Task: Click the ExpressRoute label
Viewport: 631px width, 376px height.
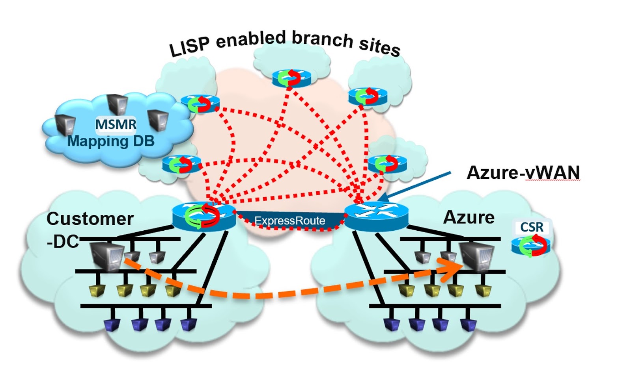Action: pos(289,220)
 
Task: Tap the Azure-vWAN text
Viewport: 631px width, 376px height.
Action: pos(523,172)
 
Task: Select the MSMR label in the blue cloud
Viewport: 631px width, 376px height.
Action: pos(116,124)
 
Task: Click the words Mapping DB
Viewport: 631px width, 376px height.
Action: pos(111,141)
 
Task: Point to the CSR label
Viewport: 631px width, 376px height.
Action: pos(532,227)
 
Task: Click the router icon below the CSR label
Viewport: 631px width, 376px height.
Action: pos(530,245)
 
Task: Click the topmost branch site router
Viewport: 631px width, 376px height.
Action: pos(291,78)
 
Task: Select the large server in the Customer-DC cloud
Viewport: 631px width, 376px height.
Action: pos(106,256)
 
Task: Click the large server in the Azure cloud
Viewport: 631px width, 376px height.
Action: pos(477,256)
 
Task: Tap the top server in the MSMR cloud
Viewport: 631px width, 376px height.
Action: pos(117,104)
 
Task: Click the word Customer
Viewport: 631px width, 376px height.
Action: pos(90,219)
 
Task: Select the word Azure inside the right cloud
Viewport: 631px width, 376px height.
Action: pos(469,217)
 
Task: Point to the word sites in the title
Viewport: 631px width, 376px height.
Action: pos(379,46)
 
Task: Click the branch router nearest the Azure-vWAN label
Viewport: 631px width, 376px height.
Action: pos(387,164)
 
